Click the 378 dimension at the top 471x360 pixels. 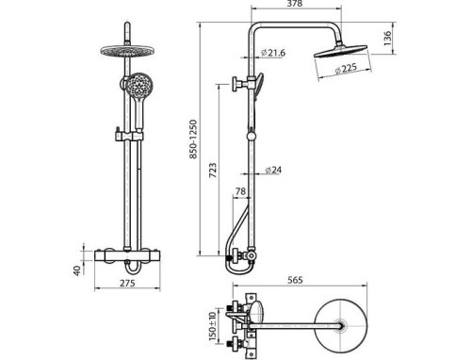coord(295,4)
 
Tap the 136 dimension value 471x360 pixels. coord(388,39)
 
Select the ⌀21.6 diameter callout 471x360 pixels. coord(273,53)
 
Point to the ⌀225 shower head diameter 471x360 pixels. coord(346,69)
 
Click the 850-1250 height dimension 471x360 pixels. coord(194,139)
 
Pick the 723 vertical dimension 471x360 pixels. coord(213,171)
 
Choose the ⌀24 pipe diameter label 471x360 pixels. coord(273,171)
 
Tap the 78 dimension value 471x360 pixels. coord(240,191)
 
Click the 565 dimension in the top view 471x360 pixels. coord(295,280)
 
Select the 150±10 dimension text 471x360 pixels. coord(213,327)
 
